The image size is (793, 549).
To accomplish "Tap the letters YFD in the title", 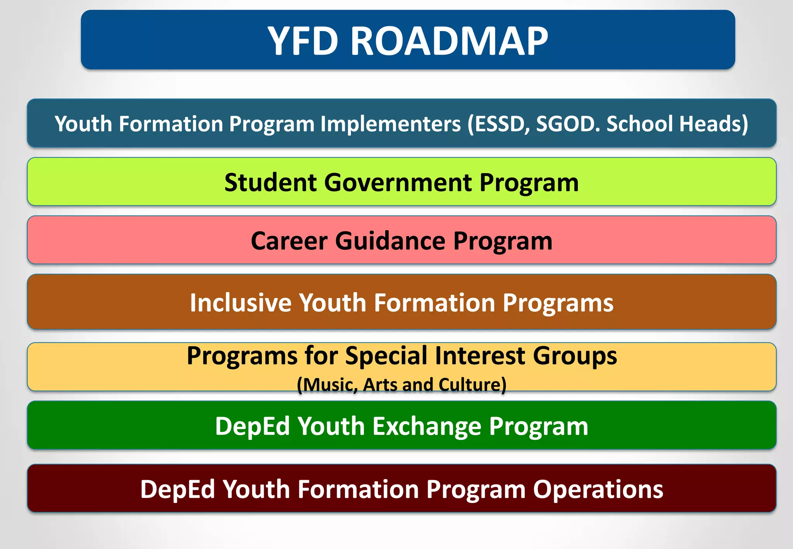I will coord(303,41).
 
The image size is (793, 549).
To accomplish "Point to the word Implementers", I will coord(390,124).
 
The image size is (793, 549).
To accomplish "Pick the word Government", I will coord(398,182).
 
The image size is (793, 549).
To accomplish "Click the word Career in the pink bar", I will coord(289,241).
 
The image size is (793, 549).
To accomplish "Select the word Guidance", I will coord(390,241).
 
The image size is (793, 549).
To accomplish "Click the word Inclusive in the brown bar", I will coord(240,302).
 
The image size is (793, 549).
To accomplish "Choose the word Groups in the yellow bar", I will coord(575,355).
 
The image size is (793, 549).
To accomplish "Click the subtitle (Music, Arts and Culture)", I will coord(402,385).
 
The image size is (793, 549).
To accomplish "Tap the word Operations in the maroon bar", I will coord(598,489).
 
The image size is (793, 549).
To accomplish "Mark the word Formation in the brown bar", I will coord(434,302).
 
